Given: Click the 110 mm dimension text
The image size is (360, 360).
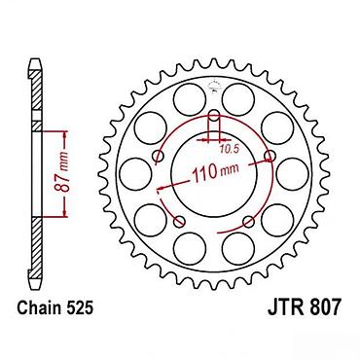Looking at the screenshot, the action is click(215, 172).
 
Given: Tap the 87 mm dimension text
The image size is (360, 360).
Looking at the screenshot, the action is click(63, 172).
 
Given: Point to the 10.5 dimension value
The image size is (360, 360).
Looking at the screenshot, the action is click(230, 149).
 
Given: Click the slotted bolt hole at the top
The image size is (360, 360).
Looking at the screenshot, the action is click(214, 126).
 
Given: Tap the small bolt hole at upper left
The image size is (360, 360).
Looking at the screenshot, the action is click(159, 156).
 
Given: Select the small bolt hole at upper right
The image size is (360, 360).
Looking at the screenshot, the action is click(270, 156).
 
